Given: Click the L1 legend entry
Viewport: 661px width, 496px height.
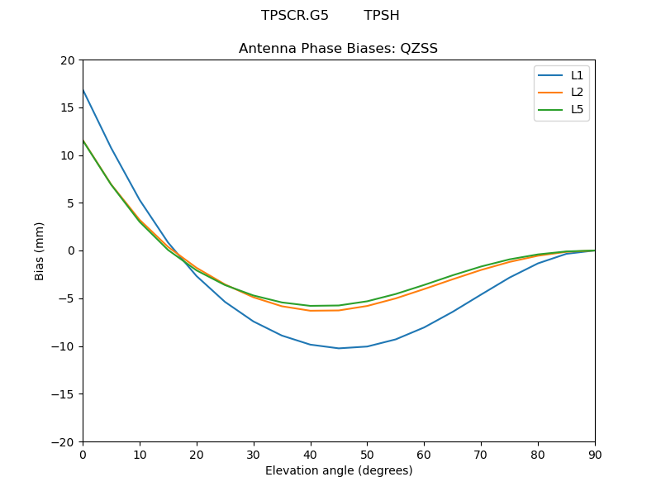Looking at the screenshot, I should click(577, 75).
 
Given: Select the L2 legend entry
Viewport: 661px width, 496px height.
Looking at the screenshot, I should click(577, 93).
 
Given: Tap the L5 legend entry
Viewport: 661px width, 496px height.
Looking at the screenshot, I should click(577, 109).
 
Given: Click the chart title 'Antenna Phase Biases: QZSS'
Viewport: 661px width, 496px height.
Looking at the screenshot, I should click(338, 49).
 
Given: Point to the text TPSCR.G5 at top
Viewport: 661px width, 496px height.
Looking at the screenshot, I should click(295, 16).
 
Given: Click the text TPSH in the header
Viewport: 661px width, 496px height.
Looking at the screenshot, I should click(382, 16).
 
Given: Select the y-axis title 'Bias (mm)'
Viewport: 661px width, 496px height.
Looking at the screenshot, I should click(40, 250).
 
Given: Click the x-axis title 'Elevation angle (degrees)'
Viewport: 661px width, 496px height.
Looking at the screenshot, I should click(339, 471).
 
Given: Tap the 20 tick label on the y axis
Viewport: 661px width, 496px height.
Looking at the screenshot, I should click(67, 60).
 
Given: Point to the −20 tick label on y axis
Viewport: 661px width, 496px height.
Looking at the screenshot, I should click(63, 442).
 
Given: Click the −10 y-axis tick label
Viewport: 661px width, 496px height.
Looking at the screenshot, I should click(63, 346).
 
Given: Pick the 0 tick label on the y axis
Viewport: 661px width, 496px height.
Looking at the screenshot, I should click(71, 250).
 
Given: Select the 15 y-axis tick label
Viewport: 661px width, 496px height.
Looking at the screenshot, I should click(67, 107).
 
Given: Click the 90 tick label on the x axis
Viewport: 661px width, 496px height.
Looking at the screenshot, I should click(595, 454).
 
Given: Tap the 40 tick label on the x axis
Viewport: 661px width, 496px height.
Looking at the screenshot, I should click(310, 454).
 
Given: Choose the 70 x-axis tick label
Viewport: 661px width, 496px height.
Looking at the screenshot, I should click(481, 454).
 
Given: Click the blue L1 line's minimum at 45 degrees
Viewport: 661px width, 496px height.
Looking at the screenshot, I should click(339, 348).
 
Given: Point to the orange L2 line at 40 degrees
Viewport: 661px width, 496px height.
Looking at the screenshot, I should click(310, 311).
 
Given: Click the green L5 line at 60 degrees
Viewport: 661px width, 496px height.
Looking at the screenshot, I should click(424, 285).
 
